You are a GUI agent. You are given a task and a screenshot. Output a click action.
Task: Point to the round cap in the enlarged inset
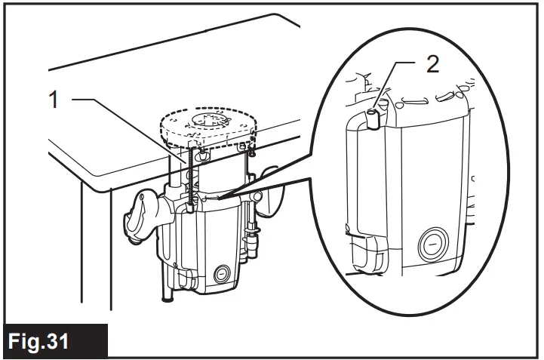(x=433, y=247)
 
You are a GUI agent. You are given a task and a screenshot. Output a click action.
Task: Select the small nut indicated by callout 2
(x=373, y=116)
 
